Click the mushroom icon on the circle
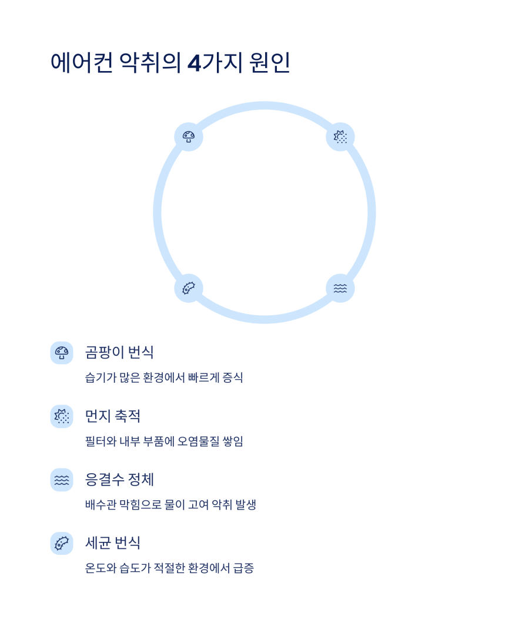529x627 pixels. pyautogui.click(x=189, y=137)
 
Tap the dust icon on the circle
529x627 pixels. pyautogui.click(x=340, y=137)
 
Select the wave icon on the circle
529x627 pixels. pyautogui.click(x=340, y=288)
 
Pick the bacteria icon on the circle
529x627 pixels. pyautogui.click(x=189, y=288)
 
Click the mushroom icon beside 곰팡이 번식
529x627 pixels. pyautogui.click(x=62, y=353)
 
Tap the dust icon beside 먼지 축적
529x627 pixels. pyautogui.click(x=62, y=416)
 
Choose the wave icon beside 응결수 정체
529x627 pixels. pyautogui.click(x=62, y=480)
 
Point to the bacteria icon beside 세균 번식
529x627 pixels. pyautogui.click(x=62, y=543)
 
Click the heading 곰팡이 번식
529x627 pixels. pyautogui.click(x=119, y=352)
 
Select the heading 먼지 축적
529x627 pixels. pyautogui.click(x=113, y=416)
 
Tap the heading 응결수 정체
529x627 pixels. pyautogui.click(x=119, y=480)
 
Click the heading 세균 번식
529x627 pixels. pyautogui.click(x=113, y=543)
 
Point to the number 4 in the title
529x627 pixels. pyautogui.click(x=194, y=63)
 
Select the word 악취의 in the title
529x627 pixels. pyautogui.click(x=150, y=63)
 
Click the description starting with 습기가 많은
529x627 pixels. pyautogui.click(x=164, y=377)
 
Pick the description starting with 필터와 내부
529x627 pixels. pyautogui.click(x=164, y=441)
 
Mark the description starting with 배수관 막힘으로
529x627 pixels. pyautogui.click(x=170, y=504)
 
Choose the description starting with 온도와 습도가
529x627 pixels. pyautogui.click(x=169, y=568)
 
